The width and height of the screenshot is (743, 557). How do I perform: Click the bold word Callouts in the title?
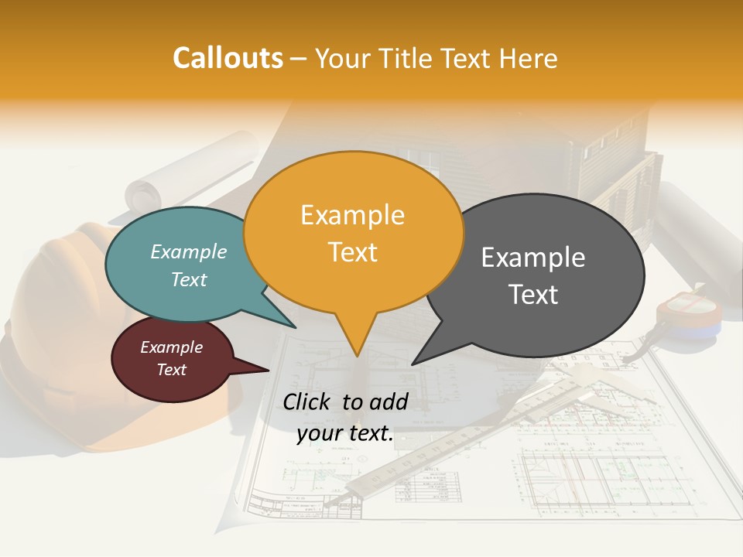pyautogui.click(x=228, y=58)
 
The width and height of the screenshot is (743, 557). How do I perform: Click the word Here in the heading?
pyautogui.click(x=529, y=58)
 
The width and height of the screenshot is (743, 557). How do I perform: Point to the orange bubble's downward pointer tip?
pyautogui.click(x=356, y=355)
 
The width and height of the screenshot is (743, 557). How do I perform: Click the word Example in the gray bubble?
pyautogui.click(x=533, y=258)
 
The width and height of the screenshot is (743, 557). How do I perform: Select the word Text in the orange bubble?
pyautogui.click(x=353, y=252)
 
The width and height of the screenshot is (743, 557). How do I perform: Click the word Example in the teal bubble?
pyautogui.click(x=189, y=251)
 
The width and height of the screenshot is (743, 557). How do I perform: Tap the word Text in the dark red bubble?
pyautogui.click(x=172, y=370)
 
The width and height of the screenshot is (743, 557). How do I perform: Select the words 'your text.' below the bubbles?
pyautogui.click(x=345, y=434)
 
